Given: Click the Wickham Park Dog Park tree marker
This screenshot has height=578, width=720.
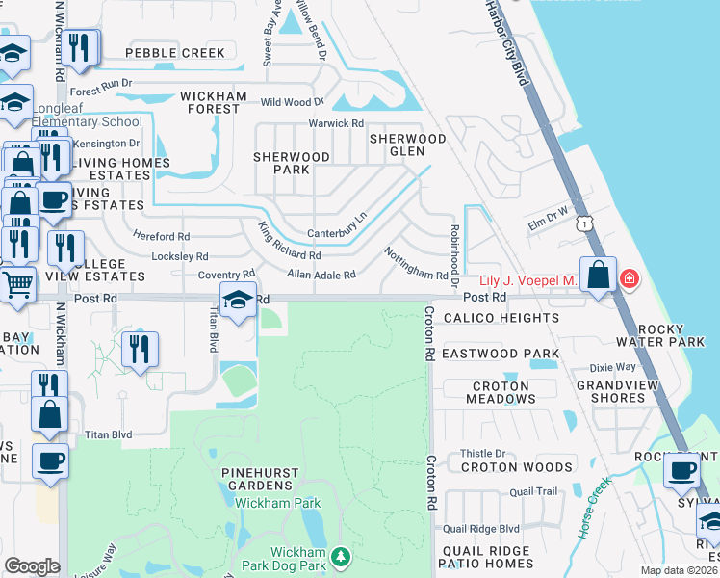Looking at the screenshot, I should click(x=339, y=557).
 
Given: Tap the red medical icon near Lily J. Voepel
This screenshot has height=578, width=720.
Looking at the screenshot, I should click(x=630, y=279).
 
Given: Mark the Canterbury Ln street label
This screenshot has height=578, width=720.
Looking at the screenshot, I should click(x=337, y=232).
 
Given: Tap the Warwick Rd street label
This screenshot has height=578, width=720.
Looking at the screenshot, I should click(x=335, y=123).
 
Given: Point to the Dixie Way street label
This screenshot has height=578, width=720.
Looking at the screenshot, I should click(x=613, y=367).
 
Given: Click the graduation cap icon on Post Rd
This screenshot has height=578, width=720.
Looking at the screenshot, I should click(x=238, y=300).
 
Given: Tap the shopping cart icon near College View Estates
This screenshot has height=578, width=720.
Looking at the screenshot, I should click(x=17, y=284).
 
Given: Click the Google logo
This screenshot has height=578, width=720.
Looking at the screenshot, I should click(x=32, y=566).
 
